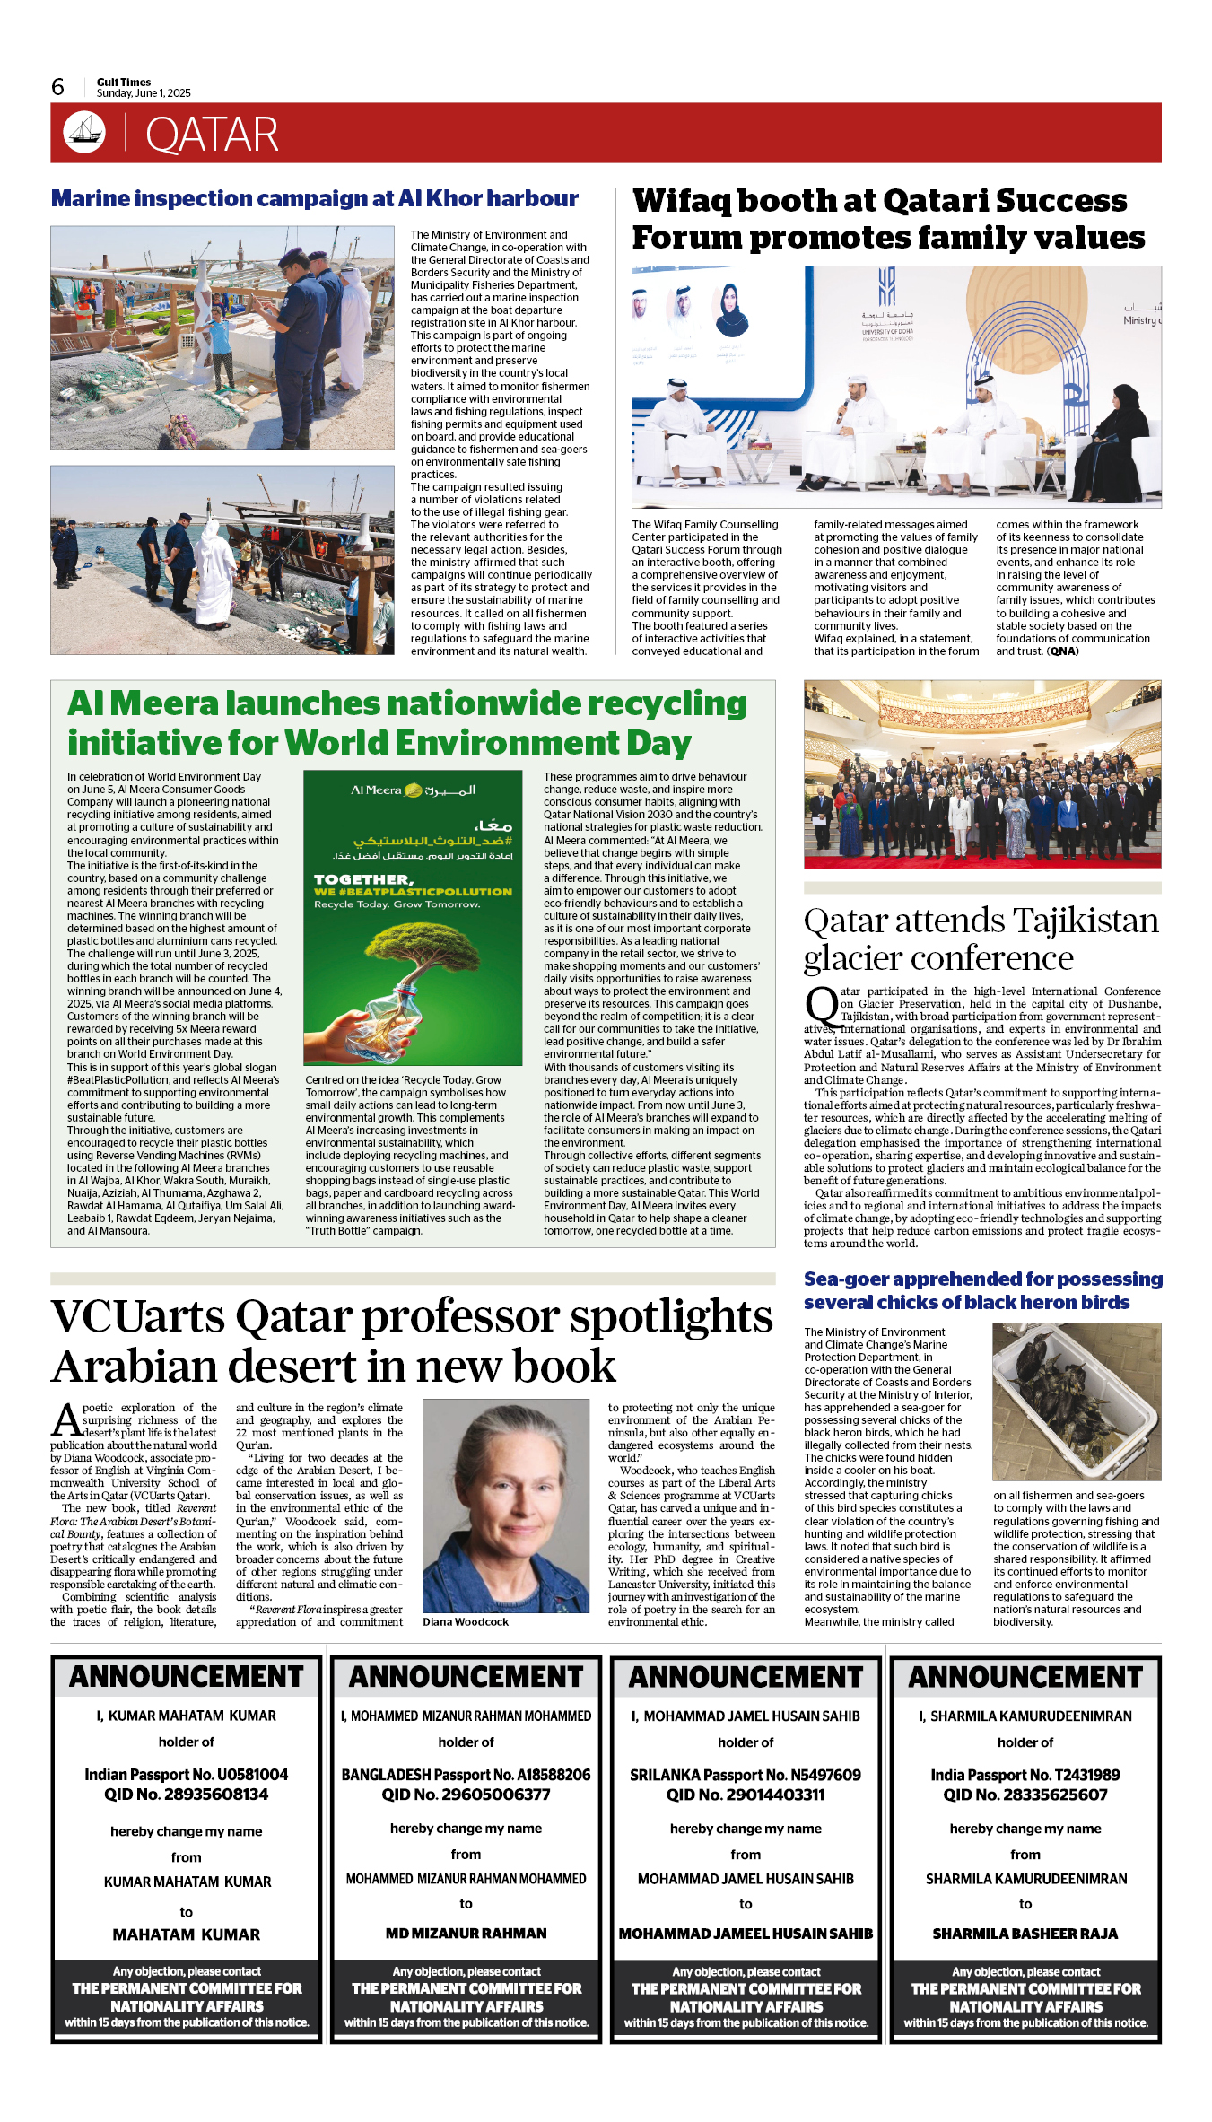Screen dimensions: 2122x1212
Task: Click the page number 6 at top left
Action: pos(57,87)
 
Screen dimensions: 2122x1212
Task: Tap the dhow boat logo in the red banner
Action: pos(84,132)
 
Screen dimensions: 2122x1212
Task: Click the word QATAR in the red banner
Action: pos(212,135)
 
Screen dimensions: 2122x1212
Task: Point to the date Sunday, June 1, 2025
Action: pos(144,93)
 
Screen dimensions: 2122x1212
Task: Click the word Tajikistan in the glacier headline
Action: pos(1086,921)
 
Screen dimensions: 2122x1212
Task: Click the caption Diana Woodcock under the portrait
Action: pos(466,1621)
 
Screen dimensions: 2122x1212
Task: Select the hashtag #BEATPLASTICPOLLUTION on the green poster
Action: pos(413,892)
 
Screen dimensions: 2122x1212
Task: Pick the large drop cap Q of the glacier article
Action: pos(821,1006)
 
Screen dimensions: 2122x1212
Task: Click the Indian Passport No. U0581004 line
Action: pos(187,1775)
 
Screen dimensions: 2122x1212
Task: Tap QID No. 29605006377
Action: pos(466,1795)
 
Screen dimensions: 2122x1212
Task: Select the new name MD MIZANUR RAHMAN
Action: pos(466,1934)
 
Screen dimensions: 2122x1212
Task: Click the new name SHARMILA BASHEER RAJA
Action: pos(1025,1934)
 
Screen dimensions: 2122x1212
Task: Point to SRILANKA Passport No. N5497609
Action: pos(745,1775)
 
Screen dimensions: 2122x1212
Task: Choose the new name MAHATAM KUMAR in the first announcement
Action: pos(187,1934)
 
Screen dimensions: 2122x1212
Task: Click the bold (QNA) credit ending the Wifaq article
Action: pos(1063,651)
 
